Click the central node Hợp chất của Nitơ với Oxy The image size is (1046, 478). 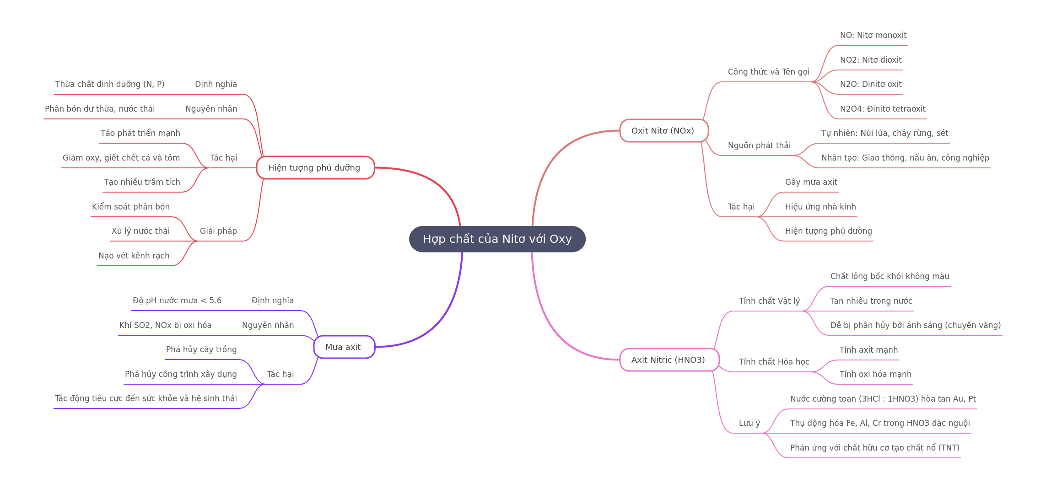click(x=497, y=239)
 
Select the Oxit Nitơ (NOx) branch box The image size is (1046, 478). click(x=664, y=131)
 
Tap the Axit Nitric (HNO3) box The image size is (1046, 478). click(x=669, y=360)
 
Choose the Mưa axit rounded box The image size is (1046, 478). click(x=344, y=347)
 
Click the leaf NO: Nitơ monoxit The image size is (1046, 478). click(x=873, y=35)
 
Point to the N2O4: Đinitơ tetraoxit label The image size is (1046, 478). click(x=883, y=109)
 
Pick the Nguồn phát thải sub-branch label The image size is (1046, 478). click(x=759, y=145)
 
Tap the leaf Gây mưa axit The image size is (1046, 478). click(x=811, y=182)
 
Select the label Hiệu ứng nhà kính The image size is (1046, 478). click(x=820, y=207)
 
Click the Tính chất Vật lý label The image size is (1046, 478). click(x=769, y=301)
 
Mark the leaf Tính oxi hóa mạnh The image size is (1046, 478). click(x=875, y=374)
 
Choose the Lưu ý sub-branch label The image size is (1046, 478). click(x=749, y=423)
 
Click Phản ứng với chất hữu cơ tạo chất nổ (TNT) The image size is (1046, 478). click(x=875, y=448)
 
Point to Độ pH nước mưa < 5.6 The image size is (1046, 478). click(x=177, y=301)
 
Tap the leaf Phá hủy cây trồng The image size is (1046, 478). click(x=201, y=349)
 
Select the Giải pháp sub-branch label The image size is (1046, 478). click(x=218, y=231)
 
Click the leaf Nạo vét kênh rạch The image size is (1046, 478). click(x=134, y=256)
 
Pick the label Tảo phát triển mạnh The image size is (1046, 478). click(x=140, y=133)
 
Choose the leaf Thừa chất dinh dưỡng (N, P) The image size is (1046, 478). click(x=110, y=84)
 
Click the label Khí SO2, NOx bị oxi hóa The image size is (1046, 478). click(x=165, y=325)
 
